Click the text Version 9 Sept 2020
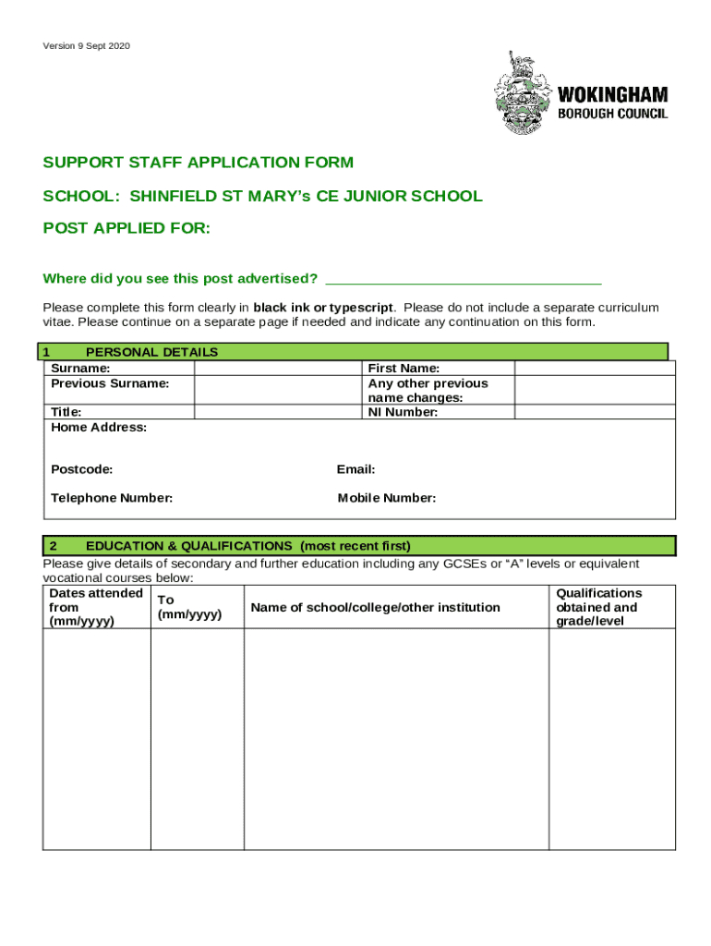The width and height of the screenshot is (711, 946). [86, 45]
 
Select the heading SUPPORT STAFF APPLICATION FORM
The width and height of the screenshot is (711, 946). [198, 163]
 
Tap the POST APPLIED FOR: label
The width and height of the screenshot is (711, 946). [127, 228]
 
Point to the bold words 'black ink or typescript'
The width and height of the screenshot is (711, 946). [324, 308]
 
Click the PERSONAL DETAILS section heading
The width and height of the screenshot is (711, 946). [151, 352]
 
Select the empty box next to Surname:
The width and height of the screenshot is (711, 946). [275, 369]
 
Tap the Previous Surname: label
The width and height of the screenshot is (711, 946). [110, 383]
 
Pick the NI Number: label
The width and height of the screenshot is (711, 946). [403, 412]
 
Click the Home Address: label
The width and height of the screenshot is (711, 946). [99, 428]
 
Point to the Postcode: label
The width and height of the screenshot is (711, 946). [82, 469]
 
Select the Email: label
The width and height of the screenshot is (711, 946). [356, 469]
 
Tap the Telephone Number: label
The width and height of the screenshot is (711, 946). [112, 498]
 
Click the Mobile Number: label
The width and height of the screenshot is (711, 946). [387, 498]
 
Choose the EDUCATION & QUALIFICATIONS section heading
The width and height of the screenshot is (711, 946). [247, 545]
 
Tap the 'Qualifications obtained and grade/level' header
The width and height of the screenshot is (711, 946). [597, 607]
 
